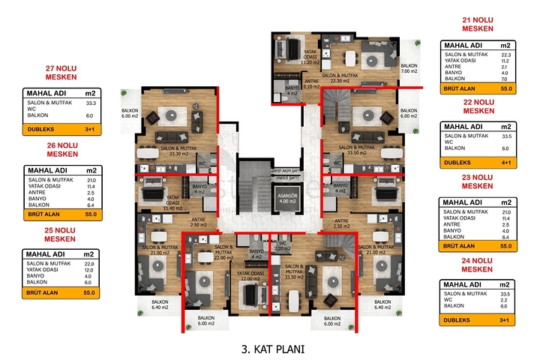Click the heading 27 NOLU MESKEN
tap(62, 70)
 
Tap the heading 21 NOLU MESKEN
tap(477, 23)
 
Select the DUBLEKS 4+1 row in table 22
tap(478, 161)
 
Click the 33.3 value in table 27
tap(91, 103)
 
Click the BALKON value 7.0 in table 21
tap(505, 79)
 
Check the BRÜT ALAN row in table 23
tap(478, 245)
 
